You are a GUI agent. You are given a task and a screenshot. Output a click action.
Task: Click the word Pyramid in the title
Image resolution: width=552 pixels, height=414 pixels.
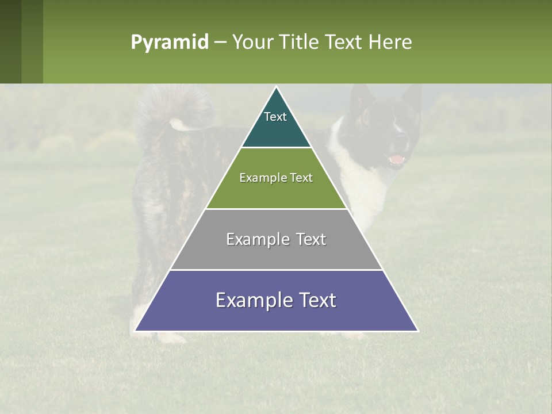coord(170,43)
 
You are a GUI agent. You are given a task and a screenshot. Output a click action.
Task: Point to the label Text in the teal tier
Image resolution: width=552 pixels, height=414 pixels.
coord(275,117)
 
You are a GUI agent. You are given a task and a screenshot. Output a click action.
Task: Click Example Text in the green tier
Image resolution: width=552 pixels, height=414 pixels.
coord(276,178)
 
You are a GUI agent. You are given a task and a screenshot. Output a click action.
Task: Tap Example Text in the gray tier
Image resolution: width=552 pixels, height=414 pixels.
coord(276,239)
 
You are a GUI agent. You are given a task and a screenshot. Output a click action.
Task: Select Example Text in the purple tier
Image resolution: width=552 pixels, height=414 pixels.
coord(276,300)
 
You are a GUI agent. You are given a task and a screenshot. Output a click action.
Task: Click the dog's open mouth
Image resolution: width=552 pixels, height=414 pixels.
coord(397,159)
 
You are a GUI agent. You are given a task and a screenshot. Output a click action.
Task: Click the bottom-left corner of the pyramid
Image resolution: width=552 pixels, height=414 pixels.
coord(135,331)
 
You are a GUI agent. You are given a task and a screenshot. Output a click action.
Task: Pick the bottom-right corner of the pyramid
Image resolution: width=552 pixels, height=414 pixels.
coord(417,331)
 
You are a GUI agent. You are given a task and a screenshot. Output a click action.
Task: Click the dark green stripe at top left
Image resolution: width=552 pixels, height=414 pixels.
coord(10,41)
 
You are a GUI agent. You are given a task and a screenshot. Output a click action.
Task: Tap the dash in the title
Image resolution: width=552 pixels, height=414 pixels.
coord(220,43)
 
